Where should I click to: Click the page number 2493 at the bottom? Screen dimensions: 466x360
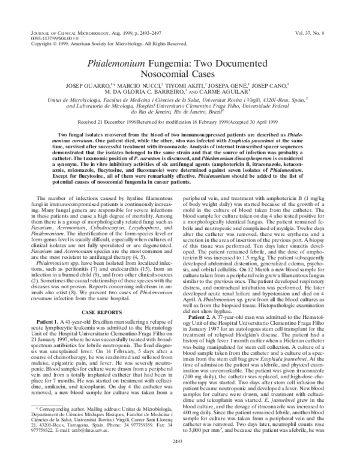[180, 458]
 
